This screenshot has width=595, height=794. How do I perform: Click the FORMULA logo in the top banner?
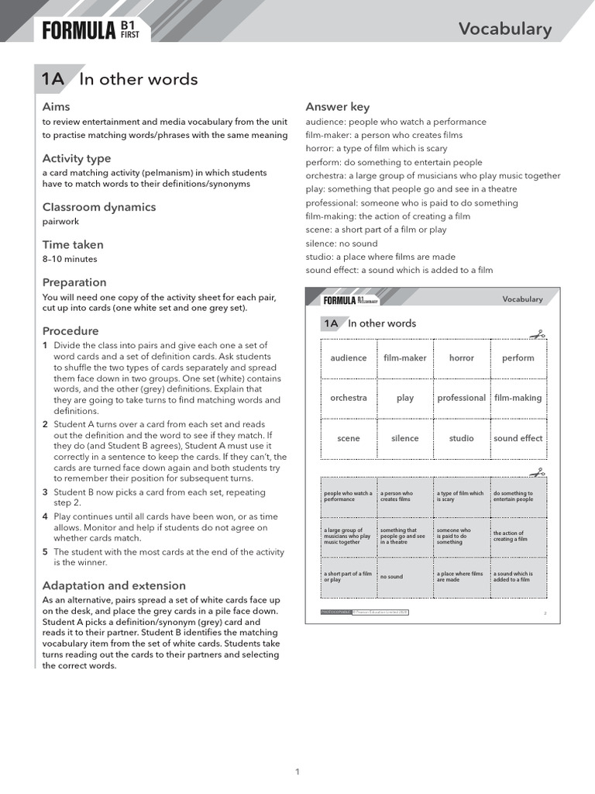(79, 30)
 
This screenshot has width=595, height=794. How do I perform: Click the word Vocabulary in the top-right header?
(504, 29)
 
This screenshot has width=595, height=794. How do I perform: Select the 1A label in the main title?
(53, 79)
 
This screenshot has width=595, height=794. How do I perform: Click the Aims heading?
(56, 106)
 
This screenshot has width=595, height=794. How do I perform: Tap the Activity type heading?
(77, 158)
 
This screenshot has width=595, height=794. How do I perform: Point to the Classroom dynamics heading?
(98, 207)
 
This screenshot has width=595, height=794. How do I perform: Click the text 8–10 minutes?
(70, 259)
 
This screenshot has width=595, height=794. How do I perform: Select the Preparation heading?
(74, 282)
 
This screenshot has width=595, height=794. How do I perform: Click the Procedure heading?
(71, 331)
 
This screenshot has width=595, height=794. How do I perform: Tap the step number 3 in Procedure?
(45, 492)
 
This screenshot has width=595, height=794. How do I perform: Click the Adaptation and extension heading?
(114, 585)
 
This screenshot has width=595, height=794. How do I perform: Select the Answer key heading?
(337, 107)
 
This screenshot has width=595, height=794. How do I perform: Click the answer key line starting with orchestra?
(432, 176)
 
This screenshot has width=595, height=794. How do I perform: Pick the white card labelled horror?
(461, 358)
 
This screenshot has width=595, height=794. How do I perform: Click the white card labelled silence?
(404, 438)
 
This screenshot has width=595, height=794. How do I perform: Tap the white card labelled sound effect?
(518, 438)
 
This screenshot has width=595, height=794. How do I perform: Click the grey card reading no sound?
(404, 577)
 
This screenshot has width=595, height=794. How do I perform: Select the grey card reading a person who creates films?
(404, 496)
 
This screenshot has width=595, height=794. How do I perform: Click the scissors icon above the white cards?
(537, 335)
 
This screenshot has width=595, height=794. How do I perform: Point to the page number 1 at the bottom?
(297, 771)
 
